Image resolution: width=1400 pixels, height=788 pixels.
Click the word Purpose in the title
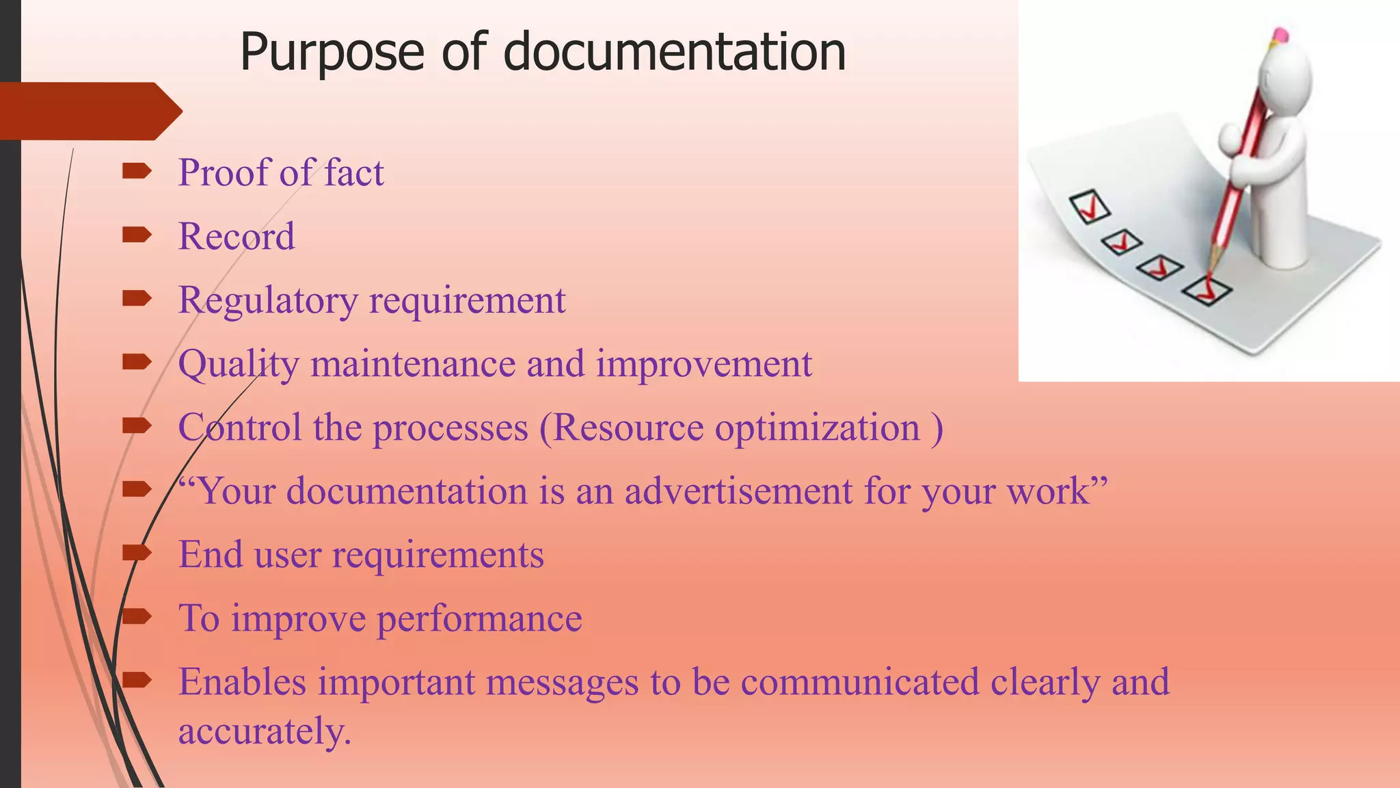(x=332, y=53)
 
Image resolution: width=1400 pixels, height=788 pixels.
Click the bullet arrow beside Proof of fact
(x=137, y=171)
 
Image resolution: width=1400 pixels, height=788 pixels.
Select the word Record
(x=237, y=237)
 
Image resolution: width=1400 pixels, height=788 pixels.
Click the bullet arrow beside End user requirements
(x=137, y=552)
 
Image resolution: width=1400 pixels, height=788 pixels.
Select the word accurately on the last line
(x=264, y=731)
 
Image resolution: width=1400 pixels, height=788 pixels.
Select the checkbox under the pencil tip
(x=1207, y=291)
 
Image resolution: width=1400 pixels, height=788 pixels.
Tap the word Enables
(x=242, y=682)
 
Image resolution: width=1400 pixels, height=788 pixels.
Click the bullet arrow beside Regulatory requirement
(x=137, y=298)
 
